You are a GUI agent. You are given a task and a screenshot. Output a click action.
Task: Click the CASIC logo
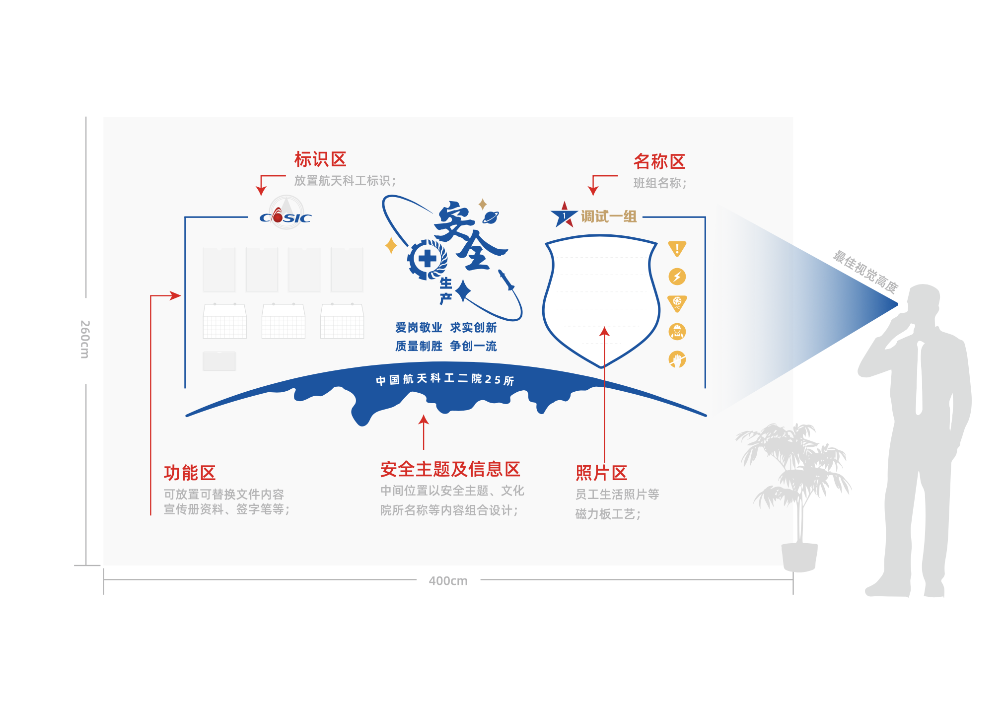coord(286,216)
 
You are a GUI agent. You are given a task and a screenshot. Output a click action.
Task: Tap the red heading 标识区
coord(320,159)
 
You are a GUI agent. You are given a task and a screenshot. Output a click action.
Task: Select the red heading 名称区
coord(659,162)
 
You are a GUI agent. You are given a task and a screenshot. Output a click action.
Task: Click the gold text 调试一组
coord(609,216)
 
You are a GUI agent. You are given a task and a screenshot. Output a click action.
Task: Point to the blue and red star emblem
coord(564,215)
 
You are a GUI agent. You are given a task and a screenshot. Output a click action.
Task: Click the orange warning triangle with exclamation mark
coord(677,248)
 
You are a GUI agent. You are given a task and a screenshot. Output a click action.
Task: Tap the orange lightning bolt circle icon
coord(677,276)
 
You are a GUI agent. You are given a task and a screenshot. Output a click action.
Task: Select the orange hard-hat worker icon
coord(677,331)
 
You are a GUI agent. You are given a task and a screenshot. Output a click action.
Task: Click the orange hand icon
coord(677,359)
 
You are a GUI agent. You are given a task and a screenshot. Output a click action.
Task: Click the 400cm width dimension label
coord(448,580)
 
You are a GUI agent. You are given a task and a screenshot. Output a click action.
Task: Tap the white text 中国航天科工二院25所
coord(444,379)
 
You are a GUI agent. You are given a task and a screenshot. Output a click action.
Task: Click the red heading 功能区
coord(190,473)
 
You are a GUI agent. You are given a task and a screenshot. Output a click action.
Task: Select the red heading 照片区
coord(601,473)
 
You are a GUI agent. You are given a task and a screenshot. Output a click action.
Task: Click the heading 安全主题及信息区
coord(450,469)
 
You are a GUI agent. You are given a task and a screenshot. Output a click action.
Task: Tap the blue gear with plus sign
coord(427,259)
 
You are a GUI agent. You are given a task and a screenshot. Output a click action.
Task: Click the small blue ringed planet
coord(491,216)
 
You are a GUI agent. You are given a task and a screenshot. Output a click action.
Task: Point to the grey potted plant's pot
coord(799,557)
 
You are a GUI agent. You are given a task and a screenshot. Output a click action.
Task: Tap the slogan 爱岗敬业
coord(419,328)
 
